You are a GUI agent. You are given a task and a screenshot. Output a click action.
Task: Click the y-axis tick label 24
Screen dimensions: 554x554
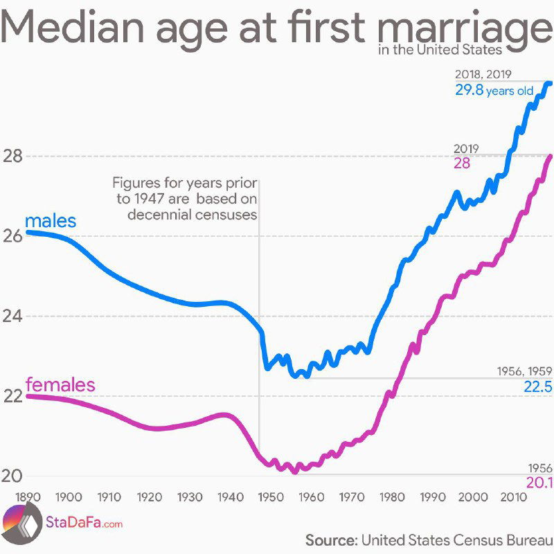tap(12, 316)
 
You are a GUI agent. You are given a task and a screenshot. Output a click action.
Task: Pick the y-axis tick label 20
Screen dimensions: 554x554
tap(12, 476)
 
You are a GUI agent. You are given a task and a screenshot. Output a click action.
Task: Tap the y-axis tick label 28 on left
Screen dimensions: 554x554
tap(12, 157)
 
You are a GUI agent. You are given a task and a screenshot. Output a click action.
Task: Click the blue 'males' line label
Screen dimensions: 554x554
tap(50, 222)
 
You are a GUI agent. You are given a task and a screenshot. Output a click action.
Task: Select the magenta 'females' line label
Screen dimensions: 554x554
tap(60, 384)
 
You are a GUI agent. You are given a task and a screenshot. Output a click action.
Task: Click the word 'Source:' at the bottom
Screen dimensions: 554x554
tap(330, 539)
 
